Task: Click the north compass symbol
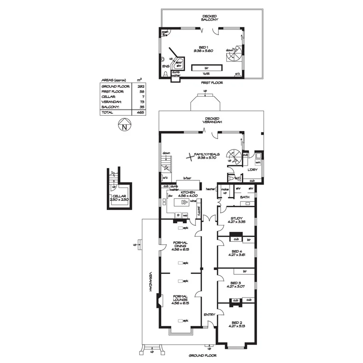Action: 124,126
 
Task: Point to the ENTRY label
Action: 209,314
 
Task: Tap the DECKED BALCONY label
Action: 210,18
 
